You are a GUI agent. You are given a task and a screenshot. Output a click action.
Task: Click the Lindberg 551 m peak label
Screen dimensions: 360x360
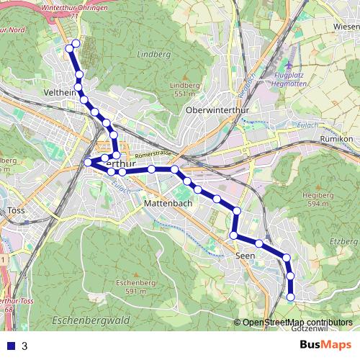pos(184,89)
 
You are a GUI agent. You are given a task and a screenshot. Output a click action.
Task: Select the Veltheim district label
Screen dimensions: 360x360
pos(60,94)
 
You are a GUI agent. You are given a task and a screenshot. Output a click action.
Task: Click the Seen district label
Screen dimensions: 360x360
pos(246,255)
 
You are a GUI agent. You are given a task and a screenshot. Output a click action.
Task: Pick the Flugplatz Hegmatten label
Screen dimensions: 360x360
pos(295,78)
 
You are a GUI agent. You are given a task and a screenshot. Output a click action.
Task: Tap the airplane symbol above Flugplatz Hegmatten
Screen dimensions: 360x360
pos(289,64)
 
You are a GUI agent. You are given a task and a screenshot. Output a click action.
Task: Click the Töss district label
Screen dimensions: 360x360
pos(16,212)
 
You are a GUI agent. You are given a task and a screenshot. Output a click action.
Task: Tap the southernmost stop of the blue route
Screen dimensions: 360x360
pos(291,297)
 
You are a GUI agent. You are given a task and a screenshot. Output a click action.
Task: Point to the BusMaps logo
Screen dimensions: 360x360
pos(325,345)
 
